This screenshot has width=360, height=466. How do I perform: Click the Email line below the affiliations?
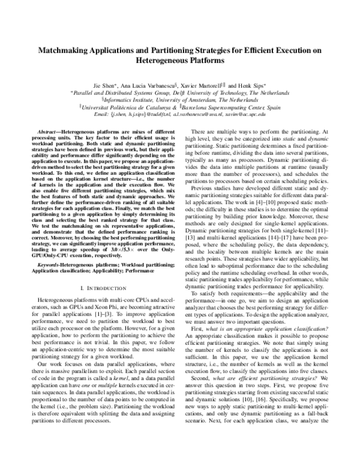click(179, 113)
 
